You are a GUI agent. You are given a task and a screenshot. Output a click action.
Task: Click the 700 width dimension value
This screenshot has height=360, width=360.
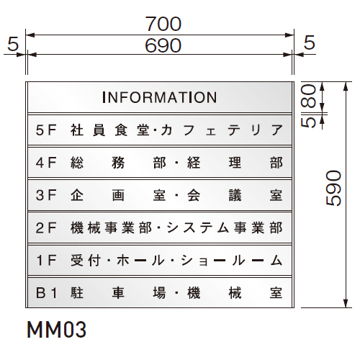(x=163, y=24)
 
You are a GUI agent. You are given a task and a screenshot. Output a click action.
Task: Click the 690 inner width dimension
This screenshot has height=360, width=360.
(x=163, y=45)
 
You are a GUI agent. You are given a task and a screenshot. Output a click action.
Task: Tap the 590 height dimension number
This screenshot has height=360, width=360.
(x=333, y=188)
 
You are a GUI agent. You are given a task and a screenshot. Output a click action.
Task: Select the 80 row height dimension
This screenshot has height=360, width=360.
(x=308, y=96)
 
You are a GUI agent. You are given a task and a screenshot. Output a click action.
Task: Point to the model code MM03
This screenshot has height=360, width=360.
(x=56, y=330)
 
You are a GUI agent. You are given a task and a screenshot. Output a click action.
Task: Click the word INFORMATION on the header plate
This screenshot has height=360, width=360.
(x=160, y=97)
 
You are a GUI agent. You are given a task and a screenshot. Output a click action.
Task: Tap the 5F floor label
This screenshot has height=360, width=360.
(x=46, y=130)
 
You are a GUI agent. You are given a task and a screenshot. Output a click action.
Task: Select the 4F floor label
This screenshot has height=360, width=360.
(x=46, y=163)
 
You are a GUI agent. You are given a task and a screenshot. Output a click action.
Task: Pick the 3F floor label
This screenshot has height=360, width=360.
(x=46, y=195)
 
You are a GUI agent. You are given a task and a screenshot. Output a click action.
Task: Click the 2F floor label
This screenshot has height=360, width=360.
(x=46, y=228)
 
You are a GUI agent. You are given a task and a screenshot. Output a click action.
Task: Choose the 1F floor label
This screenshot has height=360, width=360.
(x=46, y=261)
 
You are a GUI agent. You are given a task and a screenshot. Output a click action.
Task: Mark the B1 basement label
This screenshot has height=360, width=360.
(x=46, y=293)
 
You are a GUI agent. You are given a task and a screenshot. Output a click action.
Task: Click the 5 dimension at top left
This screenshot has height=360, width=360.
(x=13, y=44)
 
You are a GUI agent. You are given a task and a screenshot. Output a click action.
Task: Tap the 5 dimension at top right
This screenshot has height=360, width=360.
(x=310, y=42)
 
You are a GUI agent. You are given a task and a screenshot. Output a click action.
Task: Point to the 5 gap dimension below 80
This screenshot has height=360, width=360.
(x=308, y=122)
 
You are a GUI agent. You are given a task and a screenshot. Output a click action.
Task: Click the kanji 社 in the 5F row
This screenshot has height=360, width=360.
(x=77, y=130)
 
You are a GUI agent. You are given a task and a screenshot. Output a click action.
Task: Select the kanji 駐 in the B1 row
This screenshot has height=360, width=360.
(x=77, y=293)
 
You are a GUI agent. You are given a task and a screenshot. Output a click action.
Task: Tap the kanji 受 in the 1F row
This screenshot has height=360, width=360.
(x=77, y=261)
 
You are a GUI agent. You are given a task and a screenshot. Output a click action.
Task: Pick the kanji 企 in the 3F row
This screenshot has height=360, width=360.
(x=77, y=195)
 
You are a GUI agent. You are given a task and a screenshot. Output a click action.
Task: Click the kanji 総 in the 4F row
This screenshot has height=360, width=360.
(x=77, y=163)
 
